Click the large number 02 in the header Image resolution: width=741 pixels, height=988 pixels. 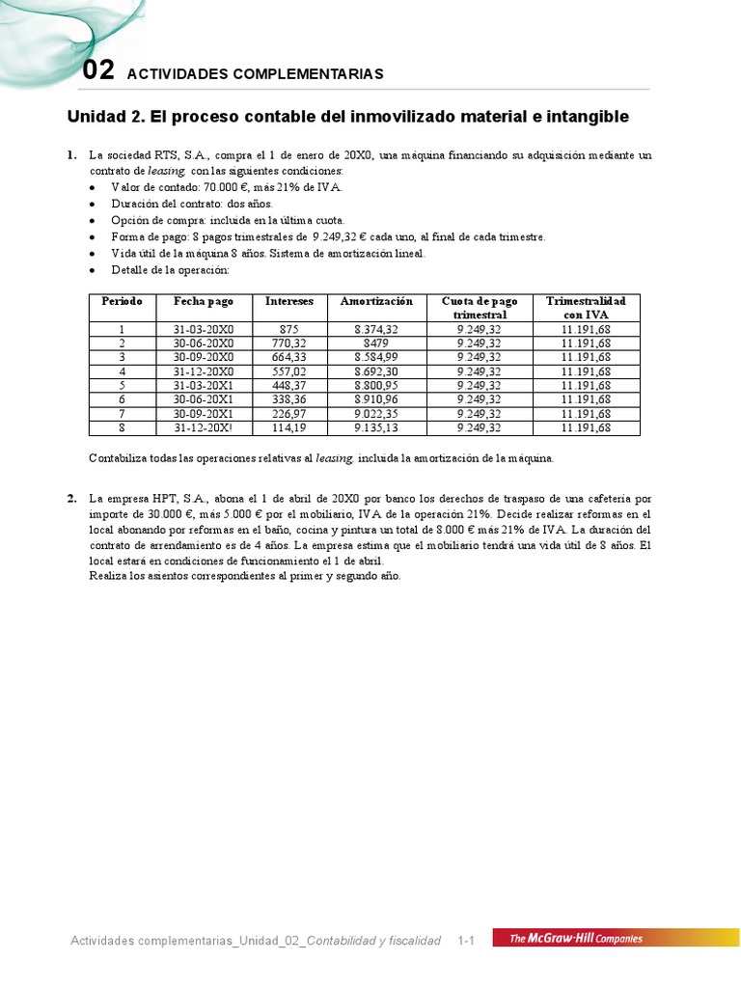tap(98, 70)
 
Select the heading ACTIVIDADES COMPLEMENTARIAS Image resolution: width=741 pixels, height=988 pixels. tap(255, 74)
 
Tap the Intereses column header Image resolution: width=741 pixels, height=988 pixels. tap(288, 301)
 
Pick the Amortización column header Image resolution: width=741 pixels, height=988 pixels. tap(376, 301)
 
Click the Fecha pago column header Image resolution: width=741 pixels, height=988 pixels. tap(204, 301)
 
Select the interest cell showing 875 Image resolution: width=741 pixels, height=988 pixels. tap(288, 329)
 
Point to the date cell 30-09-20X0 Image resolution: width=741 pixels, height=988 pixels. tap(204, 357)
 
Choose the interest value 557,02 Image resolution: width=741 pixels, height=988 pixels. tap(288, 370)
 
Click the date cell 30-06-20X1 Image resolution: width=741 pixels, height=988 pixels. tap(204, 398)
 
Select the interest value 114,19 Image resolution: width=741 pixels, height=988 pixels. tap(288, 427)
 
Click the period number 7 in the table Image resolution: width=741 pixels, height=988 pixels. tap(122, 413)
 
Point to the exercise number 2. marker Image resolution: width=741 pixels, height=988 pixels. tap(72, 499)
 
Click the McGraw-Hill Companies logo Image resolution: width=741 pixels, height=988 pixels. tap(576, 938)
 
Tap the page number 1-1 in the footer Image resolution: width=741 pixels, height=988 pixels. tap(467, 940)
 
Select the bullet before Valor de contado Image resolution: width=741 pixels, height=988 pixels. tap(92, 188)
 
